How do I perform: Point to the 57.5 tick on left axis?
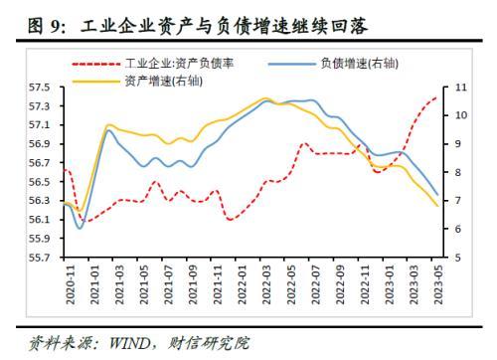(40, 88)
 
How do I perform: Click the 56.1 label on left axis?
(40, 220)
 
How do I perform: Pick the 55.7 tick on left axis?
(40, 258)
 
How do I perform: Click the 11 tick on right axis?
(460, 88)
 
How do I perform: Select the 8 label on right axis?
(457, 172)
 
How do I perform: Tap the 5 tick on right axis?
(457, 258)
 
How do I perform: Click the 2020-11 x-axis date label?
(71, 284)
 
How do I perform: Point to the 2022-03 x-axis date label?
(266, 284)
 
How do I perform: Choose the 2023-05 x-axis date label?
(438, 284)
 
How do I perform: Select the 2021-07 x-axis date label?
(168, 284)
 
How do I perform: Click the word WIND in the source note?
(129, 343)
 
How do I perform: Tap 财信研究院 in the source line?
(208, 343)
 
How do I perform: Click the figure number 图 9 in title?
(44, 26)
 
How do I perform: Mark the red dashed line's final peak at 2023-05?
(436, 97)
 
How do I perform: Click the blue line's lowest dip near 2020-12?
(80, 228)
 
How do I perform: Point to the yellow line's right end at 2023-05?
(437, 206)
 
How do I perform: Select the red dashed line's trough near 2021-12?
(231, 220)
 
